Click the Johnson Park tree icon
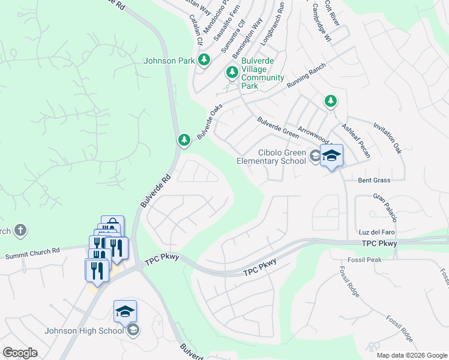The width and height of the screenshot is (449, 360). pos(205,60)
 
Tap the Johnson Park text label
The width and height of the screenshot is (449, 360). pos(169,61)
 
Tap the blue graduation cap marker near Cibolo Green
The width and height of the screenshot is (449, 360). pos(331,157)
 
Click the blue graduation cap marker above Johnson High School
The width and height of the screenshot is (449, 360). pos(125,311)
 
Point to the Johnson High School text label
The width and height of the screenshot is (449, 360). pos(83,331)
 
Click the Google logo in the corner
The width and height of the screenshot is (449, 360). pos(20,353)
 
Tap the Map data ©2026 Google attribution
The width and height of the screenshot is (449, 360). pos(411,355)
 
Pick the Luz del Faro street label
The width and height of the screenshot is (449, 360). pos(377,232)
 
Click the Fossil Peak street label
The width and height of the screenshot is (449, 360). pos(364,260)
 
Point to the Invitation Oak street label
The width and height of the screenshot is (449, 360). pos(387,139)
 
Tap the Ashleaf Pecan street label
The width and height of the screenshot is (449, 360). pos(355,141)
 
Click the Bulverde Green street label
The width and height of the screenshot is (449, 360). pos(277,127)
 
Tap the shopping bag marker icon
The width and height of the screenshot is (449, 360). pos(112,227)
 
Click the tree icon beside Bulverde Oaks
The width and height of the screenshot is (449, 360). pos(184,140)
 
